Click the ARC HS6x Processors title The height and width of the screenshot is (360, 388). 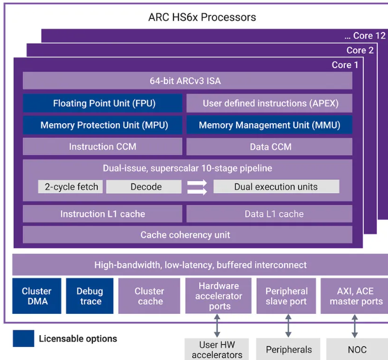tap(202, 17)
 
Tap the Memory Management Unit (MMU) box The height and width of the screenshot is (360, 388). tap(269, 125)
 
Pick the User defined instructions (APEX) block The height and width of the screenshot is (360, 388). tap(269, 103)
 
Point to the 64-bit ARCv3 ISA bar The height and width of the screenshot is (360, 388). tap(187, 81)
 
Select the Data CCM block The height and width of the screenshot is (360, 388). tap(269, 147)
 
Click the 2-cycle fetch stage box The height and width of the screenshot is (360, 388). tap(71, 187)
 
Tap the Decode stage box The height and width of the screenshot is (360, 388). tap(145, 187)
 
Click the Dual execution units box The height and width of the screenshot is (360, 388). tap(276, 187)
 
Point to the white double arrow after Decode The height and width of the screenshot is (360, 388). tap(197, 187)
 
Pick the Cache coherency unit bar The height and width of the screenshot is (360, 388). tap(187, 235)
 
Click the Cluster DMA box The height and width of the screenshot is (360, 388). tap(37, 296)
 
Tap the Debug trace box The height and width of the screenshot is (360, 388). tap(89, 296)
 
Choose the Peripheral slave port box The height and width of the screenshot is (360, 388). tap(286, 296)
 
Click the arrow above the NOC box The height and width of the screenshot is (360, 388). tap(355, 326)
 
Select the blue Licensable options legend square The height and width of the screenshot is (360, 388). tap(24, 339)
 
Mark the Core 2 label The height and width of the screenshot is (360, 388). tap(360, 50)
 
